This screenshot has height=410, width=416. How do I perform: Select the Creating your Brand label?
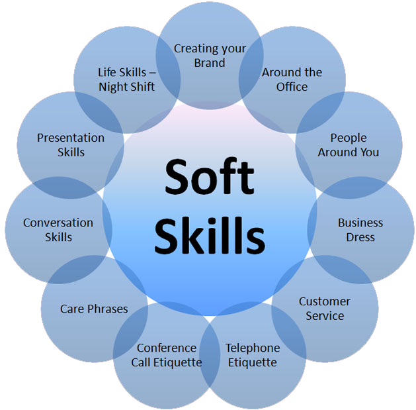click(x=210, y=56)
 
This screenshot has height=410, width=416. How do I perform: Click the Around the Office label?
click(x=292, y=79)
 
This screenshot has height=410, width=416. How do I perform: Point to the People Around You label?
click(x=349, y=145)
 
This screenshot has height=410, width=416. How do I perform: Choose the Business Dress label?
click(x=360, y=230)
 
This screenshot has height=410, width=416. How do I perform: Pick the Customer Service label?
click(x=325, y=309)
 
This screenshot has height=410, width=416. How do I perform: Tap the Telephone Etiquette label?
click(x=252, y=355)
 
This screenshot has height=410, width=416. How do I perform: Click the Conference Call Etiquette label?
click(x=166, y=355)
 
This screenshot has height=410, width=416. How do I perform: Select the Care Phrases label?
click(x=94, y=309)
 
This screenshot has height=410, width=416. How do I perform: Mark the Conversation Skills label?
click(x=58, y=230)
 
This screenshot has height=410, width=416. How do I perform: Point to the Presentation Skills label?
click(x=71, y=145)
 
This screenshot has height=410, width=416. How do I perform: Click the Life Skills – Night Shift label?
click(x=126, y=79)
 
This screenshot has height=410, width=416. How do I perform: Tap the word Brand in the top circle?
click(x=210, y=63)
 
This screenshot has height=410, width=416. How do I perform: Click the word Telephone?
click(x=252, y=348)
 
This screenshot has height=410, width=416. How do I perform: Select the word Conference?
click(x=166, y=348)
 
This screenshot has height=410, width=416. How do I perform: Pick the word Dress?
click(x=360, y=237)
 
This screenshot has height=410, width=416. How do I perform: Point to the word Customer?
click(x=325, y=301)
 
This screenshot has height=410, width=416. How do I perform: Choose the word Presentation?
click(x=71, y=138)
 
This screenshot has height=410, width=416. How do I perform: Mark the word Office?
click(x=292, y=87)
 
